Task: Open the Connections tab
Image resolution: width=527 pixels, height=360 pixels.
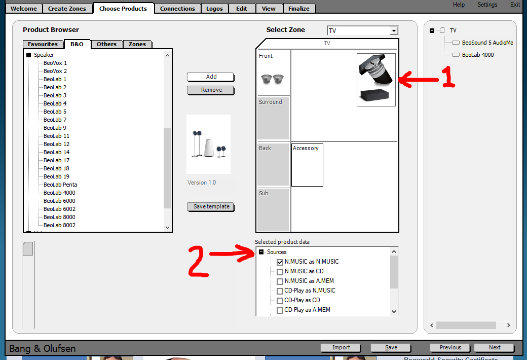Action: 177,9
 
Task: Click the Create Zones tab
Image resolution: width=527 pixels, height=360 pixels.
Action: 67,9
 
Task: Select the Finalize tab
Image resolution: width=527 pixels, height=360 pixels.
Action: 299,9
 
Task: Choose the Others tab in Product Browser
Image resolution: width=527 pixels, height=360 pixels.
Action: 106,44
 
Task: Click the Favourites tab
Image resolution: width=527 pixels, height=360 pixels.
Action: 43,44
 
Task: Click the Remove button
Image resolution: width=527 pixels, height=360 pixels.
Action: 211,90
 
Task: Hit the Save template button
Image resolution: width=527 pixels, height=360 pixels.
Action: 211,206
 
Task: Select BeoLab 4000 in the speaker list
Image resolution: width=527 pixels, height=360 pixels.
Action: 59,193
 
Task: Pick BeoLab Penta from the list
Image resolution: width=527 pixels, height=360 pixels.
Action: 60,185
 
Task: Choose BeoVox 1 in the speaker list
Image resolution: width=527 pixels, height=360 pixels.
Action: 55,63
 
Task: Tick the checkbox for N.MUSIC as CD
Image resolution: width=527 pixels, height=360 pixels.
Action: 280,271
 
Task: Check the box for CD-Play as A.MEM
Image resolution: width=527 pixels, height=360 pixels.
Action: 280,310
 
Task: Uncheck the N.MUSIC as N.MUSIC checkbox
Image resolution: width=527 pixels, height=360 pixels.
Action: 280,262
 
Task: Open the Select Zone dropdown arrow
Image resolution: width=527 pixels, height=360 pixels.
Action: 394,30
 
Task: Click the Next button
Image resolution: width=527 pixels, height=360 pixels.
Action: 494,347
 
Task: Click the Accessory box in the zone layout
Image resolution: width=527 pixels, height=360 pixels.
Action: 307,165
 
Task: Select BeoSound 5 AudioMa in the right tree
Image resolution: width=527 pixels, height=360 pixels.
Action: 487,43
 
